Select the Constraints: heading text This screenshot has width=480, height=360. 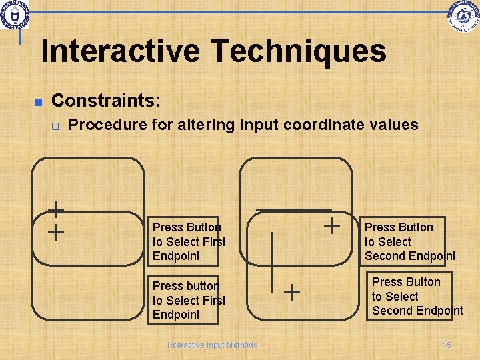pyautogui.click(x=106, y=101)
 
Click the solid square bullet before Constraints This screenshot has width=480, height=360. pyautogui.click(x=38, y=102)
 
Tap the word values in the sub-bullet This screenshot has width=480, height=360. pyautogui.click(x=397, y=125)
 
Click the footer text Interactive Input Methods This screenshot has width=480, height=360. pyautogui.click(x=212, y=345)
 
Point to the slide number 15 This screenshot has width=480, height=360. pyautogui.click(x=447, y=345)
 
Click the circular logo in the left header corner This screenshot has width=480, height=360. pyautogui.click(x=14, y=15)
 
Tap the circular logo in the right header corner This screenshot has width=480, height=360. pyautogui.click(x=464, y=16)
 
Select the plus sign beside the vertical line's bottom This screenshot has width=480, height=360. pyautogui.click(x=292, y=291)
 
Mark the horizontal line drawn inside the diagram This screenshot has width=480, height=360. pyautogui.click(x=284, y=210)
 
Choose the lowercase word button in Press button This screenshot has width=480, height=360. pyautogui.click(x=202, y=286)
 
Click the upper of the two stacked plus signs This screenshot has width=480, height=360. pyautogui.click(x=56, y=211)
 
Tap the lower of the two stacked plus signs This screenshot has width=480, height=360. pyautogui.click(x=56, y=233)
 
